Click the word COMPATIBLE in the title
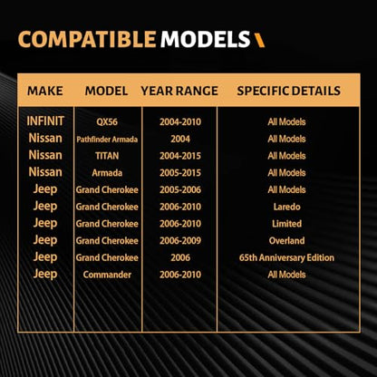[x=87, y=40]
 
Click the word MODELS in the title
[x=205, y=40]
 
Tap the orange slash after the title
[x=259, y=40]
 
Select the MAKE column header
[x=45, y=91]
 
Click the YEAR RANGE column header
[x=179, y=91]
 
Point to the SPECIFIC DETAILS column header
[x=288, y=91]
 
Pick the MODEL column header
[x=106, y=91]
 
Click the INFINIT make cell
[x=45, y=121]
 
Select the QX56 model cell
[x=107, y=122]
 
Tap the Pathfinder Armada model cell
[x=107, y=140]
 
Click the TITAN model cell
[x=107, y=156]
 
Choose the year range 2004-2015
[x=180, y=156]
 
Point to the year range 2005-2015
[x=180, y=173]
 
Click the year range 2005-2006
[x=180, y=189]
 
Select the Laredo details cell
[x=286, y=207]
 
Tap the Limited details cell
[x=286, y=224]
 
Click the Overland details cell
[x=286, y=240]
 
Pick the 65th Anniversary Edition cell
[x=286, y=257]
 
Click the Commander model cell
[x=107, y=275]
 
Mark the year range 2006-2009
[x=180, y=240]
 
